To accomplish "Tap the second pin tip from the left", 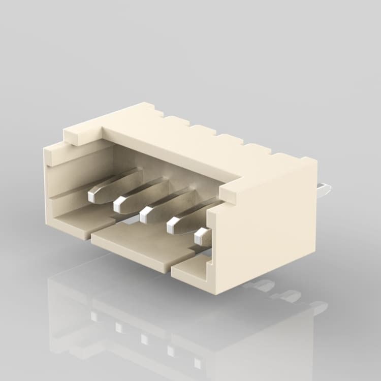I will point(120,205).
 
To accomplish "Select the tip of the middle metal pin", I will point(146,215).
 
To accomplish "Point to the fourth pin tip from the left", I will point(174,226).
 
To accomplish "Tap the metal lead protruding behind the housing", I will point(323,191).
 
